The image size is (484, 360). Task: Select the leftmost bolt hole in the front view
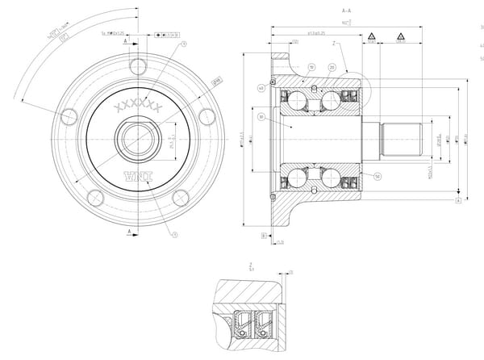[x=69, y=116]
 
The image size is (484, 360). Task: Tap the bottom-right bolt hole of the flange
[x=181, y=198]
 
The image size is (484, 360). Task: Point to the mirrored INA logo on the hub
[x=139, y=175]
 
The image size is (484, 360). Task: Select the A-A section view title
[x=346, y=10]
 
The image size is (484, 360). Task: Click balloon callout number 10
[x=311, y=67]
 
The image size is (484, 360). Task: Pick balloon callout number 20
[x=332, y=67]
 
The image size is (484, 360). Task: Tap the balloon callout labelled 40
[x=261, y=88]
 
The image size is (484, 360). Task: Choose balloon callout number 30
[x=261, y=118]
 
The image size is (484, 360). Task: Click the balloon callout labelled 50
[x=378, y=175]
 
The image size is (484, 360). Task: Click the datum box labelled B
[x=264, y=235]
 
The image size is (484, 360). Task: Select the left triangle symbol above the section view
[x=371, y=37]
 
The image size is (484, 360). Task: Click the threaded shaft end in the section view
[x=402, y=139]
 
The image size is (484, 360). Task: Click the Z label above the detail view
[x=251, y=264]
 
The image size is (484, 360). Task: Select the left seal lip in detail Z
[x=242, y=321]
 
